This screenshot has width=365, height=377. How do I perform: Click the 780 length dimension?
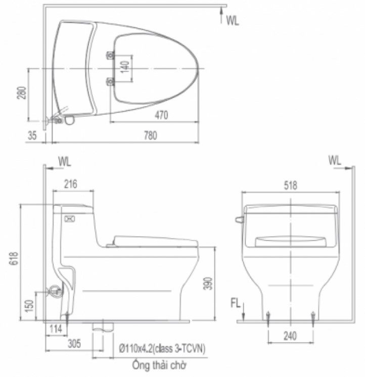coord(151,135)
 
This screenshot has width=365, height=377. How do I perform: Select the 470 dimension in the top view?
coord(161,115)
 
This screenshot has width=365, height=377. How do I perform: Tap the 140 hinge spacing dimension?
coord(125,67)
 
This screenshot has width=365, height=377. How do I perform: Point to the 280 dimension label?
coord(22,92)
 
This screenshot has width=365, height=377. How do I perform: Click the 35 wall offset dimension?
coord(32,135)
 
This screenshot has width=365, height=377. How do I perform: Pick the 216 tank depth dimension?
coord(71,184)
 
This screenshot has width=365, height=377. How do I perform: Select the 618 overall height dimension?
coord(14,258)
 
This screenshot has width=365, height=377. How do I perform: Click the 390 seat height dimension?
coord(208,284)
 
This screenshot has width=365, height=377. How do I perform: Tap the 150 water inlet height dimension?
coord(29,306)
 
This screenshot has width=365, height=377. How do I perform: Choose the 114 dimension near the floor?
coord(56,329)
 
